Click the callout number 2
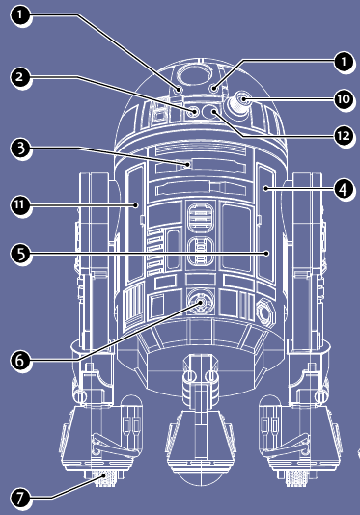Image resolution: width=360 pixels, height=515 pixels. (x=19, y=75)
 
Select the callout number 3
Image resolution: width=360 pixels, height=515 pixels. (x=19, y=149)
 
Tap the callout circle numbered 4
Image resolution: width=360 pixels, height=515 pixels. (x=342, y=189)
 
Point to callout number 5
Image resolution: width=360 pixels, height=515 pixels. (x=19, y=255)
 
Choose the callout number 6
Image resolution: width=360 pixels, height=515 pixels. (x=19, y=360)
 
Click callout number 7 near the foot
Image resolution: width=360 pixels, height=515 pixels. (x=19, y=497)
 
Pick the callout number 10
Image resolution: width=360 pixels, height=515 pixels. (x=342, y=98)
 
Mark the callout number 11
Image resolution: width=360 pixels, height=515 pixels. (x=19, y=203)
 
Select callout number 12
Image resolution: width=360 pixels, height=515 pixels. (x=342, y=135)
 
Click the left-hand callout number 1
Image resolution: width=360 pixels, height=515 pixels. (x=19, y=16)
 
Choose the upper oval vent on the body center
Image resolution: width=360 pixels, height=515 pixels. (x=198, y=215)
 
